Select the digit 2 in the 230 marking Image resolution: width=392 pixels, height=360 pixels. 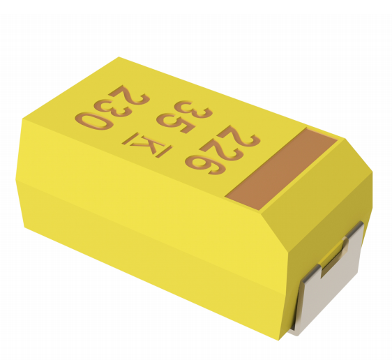click(130, 94)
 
